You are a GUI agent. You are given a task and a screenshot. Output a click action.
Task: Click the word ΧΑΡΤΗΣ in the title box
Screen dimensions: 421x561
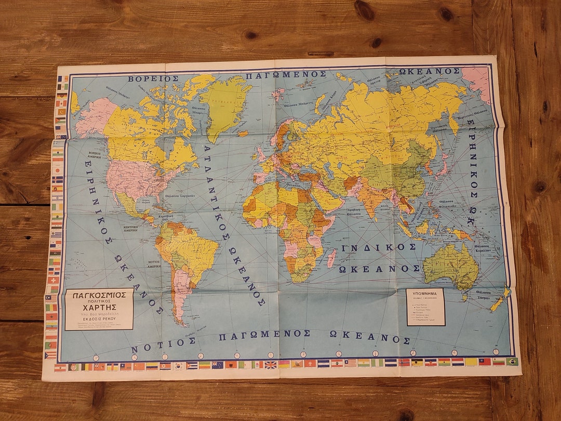[99, 307]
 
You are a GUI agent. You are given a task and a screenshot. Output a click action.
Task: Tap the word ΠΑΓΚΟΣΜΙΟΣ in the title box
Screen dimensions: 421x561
[99, 295]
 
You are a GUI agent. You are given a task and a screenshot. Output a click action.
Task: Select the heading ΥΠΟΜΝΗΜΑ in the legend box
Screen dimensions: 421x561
[425, 293]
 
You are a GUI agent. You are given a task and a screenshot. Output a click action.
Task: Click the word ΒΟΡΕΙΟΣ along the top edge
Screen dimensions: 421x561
[154, 79]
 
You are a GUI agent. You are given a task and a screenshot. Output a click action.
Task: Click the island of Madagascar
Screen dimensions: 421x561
[331, 258]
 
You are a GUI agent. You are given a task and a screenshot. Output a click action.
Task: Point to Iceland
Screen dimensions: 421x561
[243, 134]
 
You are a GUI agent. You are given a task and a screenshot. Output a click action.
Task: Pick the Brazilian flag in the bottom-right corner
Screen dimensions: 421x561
[512, 361]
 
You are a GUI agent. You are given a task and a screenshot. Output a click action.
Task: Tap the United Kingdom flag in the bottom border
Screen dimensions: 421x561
[271, 364]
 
